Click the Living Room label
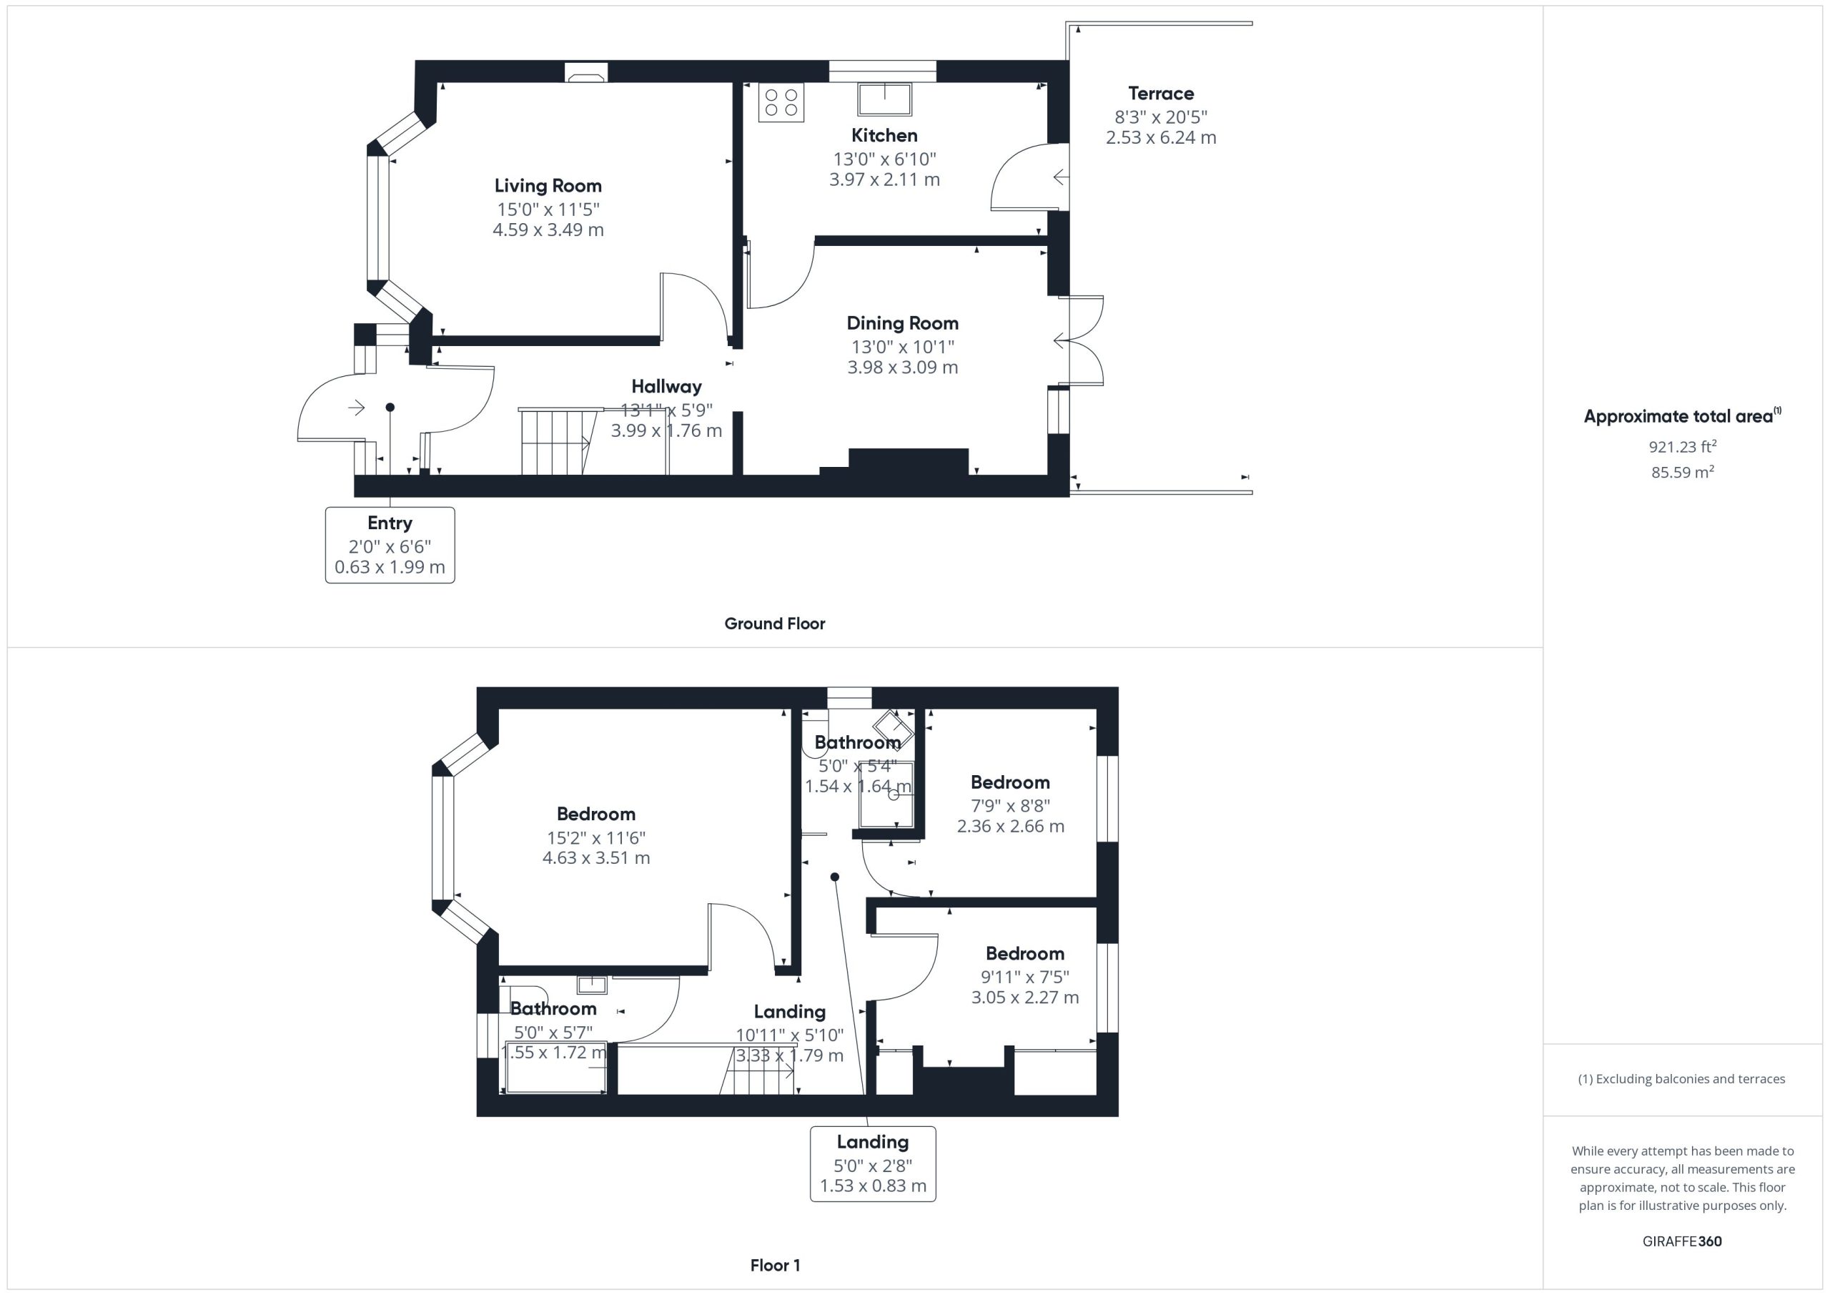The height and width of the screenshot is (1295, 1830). point(548,186)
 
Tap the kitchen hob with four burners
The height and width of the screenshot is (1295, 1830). point(781,102)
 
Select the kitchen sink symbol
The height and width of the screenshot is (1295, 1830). point(885,99)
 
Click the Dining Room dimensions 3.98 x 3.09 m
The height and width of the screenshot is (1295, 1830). point(902,368)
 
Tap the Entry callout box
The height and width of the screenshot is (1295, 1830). point(390,546)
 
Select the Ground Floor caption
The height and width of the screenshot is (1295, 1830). point(775,624)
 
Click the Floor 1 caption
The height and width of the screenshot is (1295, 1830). point(775,1265)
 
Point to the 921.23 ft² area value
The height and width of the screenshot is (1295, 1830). point(1683,446)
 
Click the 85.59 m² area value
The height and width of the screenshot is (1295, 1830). point(1683,472)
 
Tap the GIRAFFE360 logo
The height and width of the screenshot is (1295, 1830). point(1682,1241)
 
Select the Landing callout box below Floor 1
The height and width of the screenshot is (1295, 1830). point(873,1163)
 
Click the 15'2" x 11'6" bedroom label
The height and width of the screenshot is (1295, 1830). point(596,837)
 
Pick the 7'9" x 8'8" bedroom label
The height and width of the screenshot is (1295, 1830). point(1011,805)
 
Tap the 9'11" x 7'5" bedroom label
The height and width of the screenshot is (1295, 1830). point(1025,976)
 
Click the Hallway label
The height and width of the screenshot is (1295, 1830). point(666,387)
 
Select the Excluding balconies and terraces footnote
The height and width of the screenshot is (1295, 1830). point(1682,1079)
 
